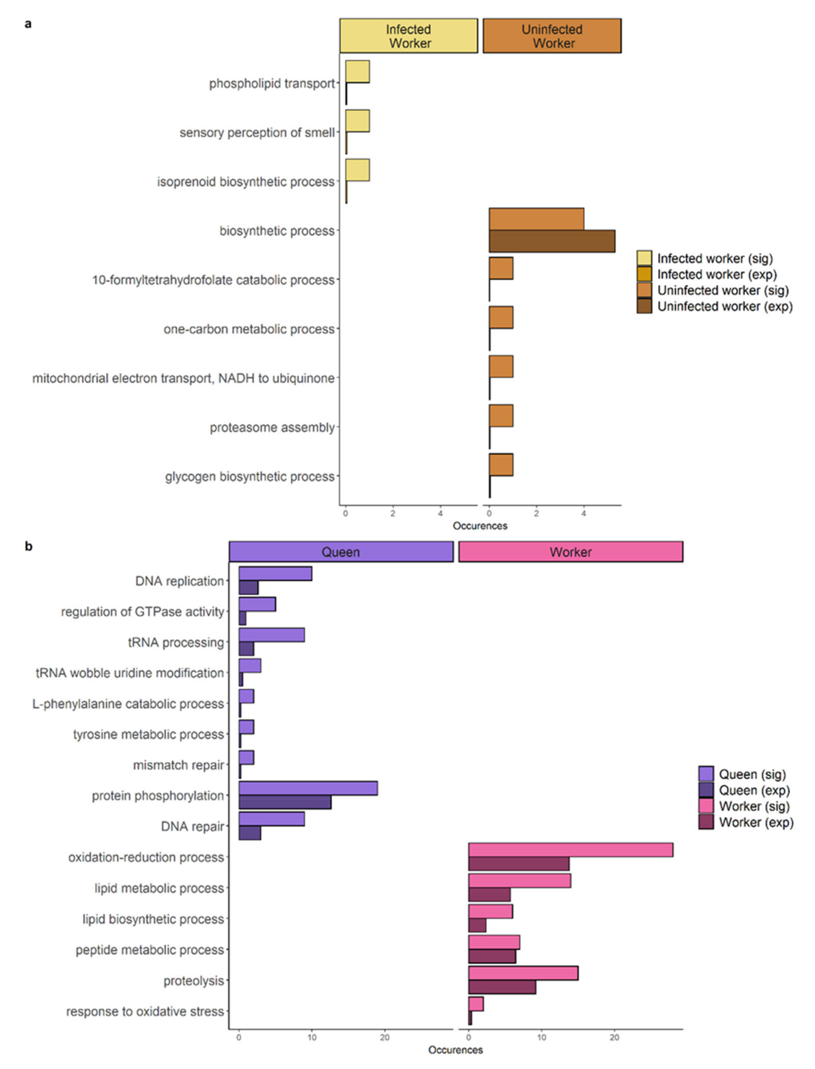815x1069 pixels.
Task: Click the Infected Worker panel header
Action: pos(409,36)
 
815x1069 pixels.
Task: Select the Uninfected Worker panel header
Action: pos(552,36)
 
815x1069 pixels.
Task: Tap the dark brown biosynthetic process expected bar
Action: pos(552,241)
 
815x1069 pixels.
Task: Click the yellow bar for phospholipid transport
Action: pos(358,72)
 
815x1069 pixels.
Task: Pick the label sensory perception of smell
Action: pos(257,132)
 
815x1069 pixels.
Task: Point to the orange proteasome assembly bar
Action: pos(501,416)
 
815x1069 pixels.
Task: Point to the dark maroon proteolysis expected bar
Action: pos(502,987)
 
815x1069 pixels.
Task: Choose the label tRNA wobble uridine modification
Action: pos(130,673)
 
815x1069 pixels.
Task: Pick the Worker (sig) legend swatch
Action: pos(706,806)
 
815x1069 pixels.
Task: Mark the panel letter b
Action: pos(29,546)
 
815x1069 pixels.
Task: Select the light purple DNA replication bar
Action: pos(275,573)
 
